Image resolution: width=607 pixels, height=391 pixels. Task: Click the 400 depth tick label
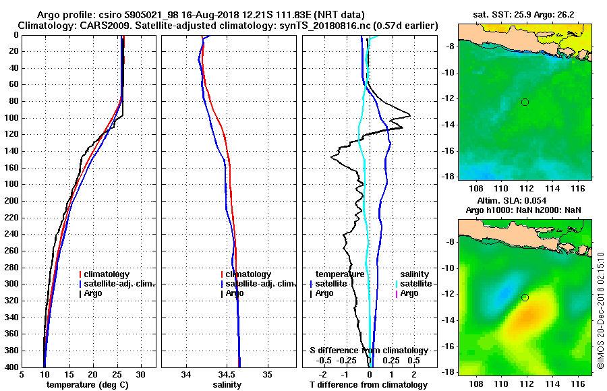pyautogui.click(x=11, y=367)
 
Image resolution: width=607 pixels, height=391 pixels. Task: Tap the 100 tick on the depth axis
pyautogui.click(x=11, y=118)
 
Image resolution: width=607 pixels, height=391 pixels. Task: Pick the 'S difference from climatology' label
pyautogui.click(x=369, y=351)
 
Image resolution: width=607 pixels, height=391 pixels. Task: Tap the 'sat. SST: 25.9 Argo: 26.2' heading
pyautogui.click(x=523, y=14)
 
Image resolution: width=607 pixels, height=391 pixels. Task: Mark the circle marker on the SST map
pyautogui.click(x=525, y=102)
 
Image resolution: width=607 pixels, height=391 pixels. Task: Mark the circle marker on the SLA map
pyautogui.click(x=525, y=297)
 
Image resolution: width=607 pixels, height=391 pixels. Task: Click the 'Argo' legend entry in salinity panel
pyautogui.click(x=235, y=293)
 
